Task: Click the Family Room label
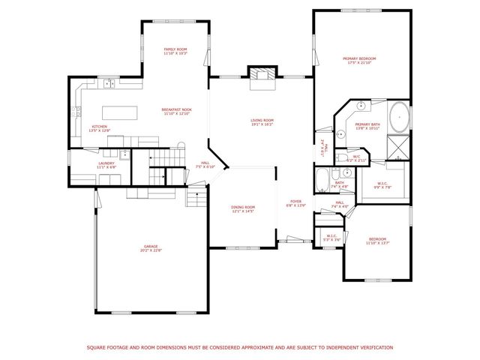(175, 52)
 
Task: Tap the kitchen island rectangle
(127, 112)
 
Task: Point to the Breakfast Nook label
(176, 112)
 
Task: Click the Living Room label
(262, 122)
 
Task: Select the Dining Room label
(243, 209)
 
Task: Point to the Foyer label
(295, 203)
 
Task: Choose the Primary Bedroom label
(359, 60)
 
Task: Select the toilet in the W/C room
(340, 157)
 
